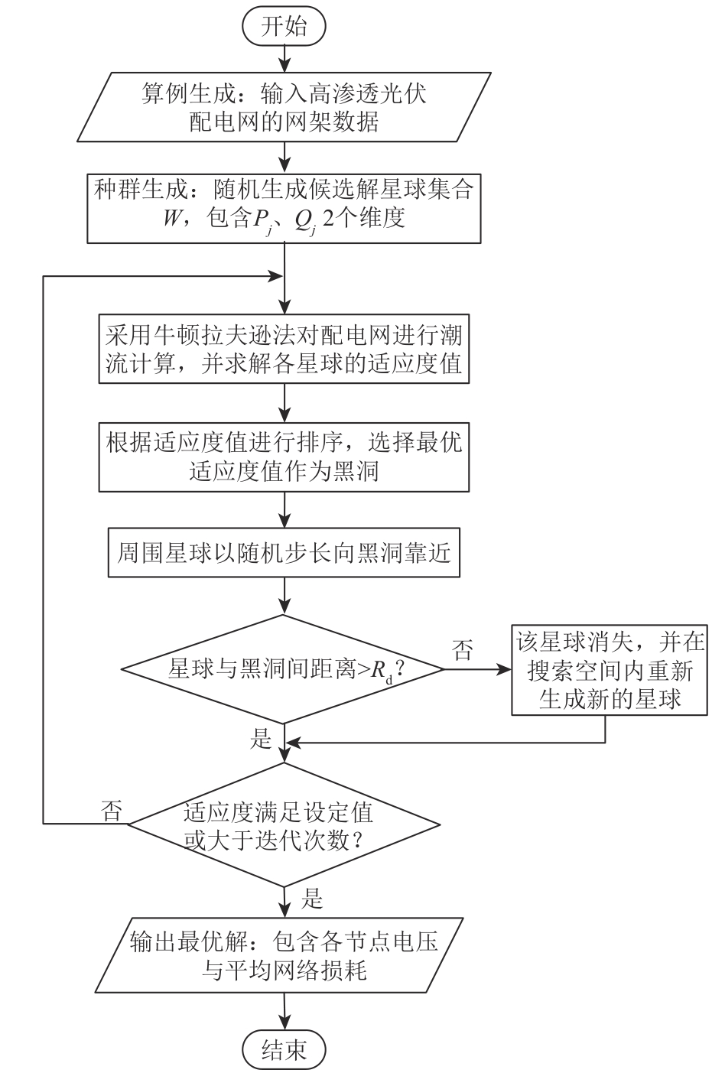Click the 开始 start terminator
(x=284, y=27)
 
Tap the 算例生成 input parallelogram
(x=284, y=107)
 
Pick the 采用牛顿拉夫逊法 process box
(x=284, y=348)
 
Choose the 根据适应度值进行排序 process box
(x=284, y=457)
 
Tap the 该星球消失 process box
(x=609, y=670)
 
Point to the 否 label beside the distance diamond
(x=463, y=652)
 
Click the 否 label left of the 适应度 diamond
(x=112, y=810)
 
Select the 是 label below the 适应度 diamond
(x=314, y=898)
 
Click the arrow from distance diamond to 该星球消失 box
(x=478, y=669)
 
